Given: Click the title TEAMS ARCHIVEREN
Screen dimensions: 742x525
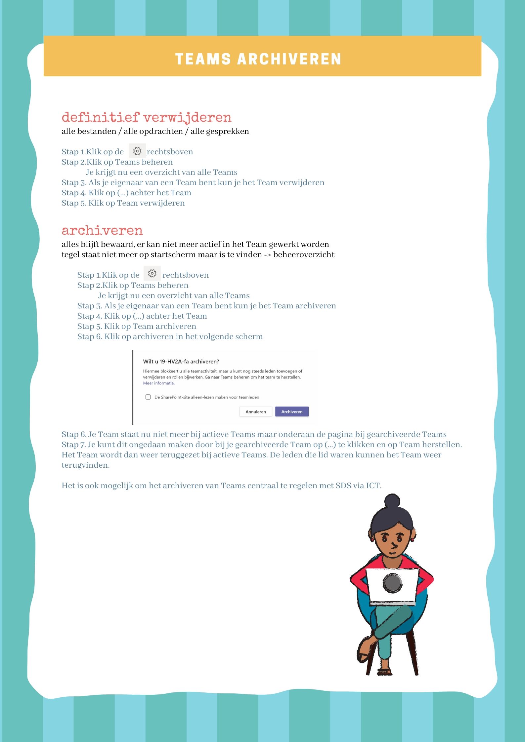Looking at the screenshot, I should tap(258, 59).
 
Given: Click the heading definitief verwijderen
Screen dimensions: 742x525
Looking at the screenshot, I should tap(146, 117).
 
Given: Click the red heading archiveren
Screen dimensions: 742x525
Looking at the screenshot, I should tap(102, 230).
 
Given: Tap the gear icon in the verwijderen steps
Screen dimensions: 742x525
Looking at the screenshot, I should tap(137, 151).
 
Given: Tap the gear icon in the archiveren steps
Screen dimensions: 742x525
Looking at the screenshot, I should tap(152, 273).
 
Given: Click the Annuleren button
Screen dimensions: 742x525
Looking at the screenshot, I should tap(255, 411).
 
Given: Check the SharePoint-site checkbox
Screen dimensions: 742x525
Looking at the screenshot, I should tap(148, 397).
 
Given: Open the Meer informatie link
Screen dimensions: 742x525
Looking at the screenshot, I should tap(158, 383).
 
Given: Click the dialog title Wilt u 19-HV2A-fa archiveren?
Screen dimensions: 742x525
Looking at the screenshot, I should tap(181, 362).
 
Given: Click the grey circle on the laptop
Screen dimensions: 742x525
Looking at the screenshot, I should tap(392, 583).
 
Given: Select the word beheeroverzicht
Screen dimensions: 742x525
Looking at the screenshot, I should tap(304, 254).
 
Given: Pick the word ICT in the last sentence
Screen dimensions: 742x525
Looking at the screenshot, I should tap(373, 486).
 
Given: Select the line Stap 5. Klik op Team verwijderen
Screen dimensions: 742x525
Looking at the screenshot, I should tap(123, 203).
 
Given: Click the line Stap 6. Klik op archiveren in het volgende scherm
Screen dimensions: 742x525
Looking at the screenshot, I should tap(170, 336).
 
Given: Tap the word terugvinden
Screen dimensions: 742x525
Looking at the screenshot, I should tap(85, 465).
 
